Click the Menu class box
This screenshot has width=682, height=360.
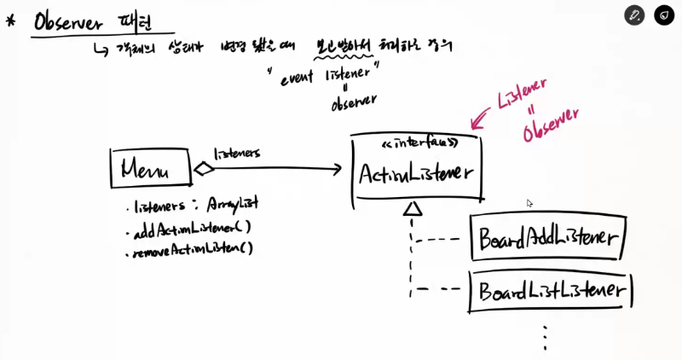[x=149, y=168]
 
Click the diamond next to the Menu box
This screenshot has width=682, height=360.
[x=204, y=169]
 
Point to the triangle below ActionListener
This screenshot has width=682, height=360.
[x=413, y=208]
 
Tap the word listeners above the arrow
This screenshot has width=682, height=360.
[x=237, y=153]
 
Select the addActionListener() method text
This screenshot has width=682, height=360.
[x=189, y=228]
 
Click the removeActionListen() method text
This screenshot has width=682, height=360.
[x=192, y=249]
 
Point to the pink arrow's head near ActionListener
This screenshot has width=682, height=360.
[x=471, y=121]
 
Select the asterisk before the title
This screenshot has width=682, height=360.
[x=10, y=20]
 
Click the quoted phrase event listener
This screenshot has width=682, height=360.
[x=329, y=76]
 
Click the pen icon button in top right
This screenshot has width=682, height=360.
[x=633, y=15]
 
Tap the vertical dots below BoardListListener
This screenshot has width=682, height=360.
[x=544, y=337]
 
